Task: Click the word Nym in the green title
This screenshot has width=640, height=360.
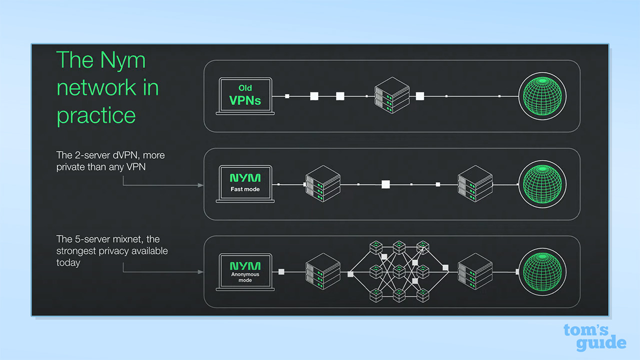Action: click(x=123, y=60)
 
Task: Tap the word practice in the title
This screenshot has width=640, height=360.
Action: click(x=96, y=115)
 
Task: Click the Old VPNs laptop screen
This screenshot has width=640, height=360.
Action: click(x=245, y=95)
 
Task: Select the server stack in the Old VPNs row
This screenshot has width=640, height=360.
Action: click(x=392, y=95)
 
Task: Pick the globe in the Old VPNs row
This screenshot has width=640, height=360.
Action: click(x=542, y=96)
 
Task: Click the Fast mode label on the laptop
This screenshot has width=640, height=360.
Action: click(x=245, y=189)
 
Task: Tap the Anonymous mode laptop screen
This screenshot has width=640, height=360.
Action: click(x=245, y=270)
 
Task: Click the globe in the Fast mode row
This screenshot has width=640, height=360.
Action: click(x=542, y=184)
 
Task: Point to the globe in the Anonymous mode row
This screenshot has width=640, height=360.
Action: click(x=542, y=271)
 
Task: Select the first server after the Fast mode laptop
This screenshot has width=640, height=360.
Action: click(x=323, y=183)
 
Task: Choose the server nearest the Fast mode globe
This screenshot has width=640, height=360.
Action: click(x=475, y=183)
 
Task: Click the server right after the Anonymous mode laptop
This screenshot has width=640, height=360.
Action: click(x=323, y=271)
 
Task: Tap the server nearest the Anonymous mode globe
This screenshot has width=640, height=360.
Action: click(x=475, y=271)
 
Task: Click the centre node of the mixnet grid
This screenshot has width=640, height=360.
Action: click(x=399, y=271)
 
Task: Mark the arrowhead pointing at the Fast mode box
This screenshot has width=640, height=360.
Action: click(x=201, y=185)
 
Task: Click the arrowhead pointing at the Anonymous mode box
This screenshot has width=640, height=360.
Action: click(x=201, y=272)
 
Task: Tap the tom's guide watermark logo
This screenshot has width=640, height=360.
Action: click(x=595, y=337)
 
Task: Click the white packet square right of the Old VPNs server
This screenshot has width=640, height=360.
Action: click(x=419, y=96)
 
